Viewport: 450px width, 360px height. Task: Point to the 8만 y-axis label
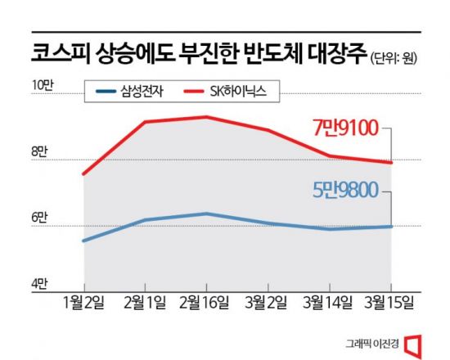click(40, 152)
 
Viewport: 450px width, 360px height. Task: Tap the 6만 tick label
click(40, 218)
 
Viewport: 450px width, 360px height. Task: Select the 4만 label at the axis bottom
click(40, 284)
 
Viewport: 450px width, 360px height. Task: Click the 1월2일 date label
click(83, 304)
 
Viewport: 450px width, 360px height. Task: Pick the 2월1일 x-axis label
click(145, 304)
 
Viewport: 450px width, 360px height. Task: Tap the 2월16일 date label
click(207, 304)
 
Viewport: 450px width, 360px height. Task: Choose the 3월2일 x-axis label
click(268, 304)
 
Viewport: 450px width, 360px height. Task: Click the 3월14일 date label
click(329, 304)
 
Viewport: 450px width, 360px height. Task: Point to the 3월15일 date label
click(390, 304)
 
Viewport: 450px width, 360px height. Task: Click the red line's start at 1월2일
click(83, 174)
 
